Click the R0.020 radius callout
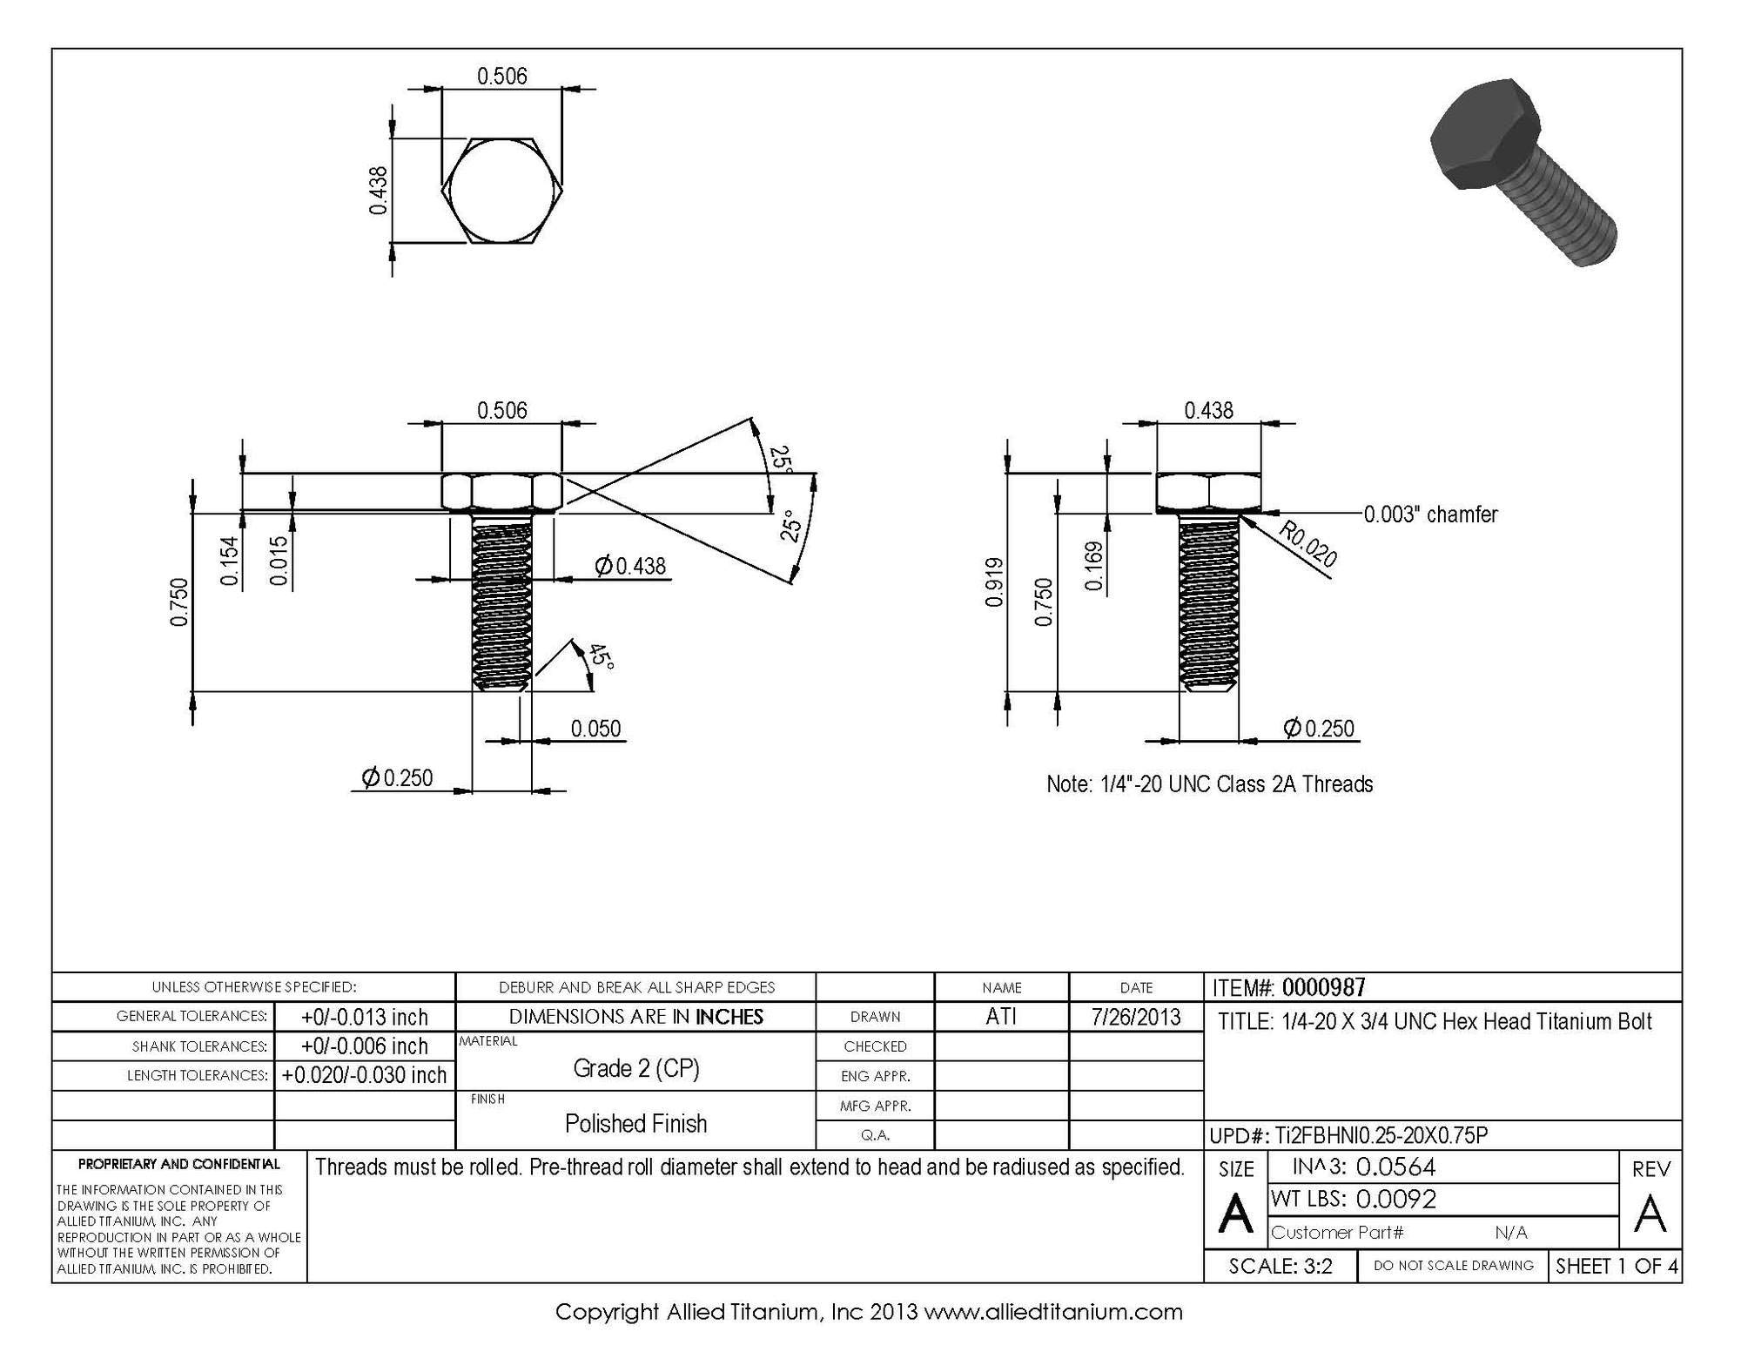pos(1307,543)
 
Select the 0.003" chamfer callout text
pos(1430,514)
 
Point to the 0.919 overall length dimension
pos(995,582)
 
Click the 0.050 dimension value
pos(595,728)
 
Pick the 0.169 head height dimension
pos(1094,567)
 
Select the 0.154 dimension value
pos(230,561)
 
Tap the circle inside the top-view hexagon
pos(501,190)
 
